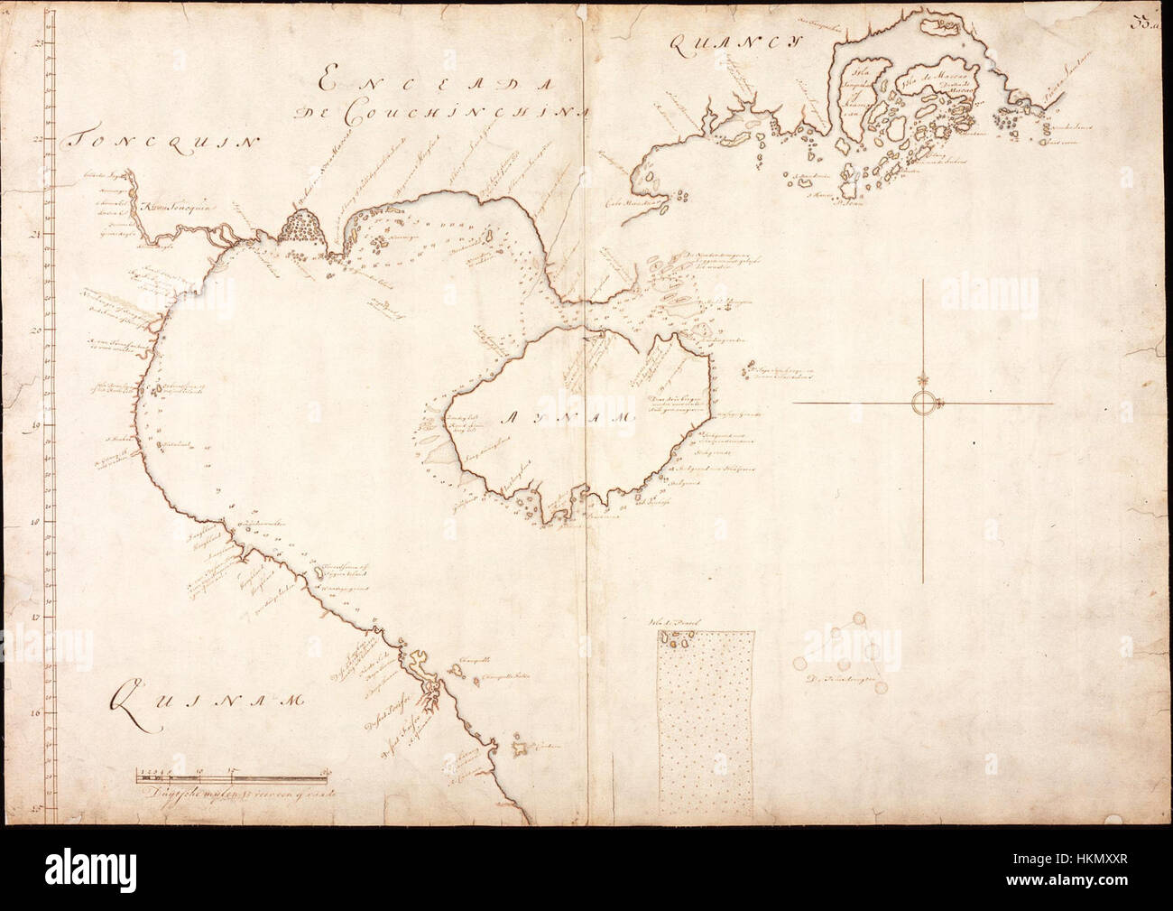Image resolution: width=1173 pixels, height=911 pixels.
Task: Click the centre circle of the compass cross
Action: click(x=925, y=403)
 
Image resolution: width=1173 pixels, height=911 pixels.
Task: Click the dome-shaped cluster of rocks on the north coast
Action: click(x=300, y=226)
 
